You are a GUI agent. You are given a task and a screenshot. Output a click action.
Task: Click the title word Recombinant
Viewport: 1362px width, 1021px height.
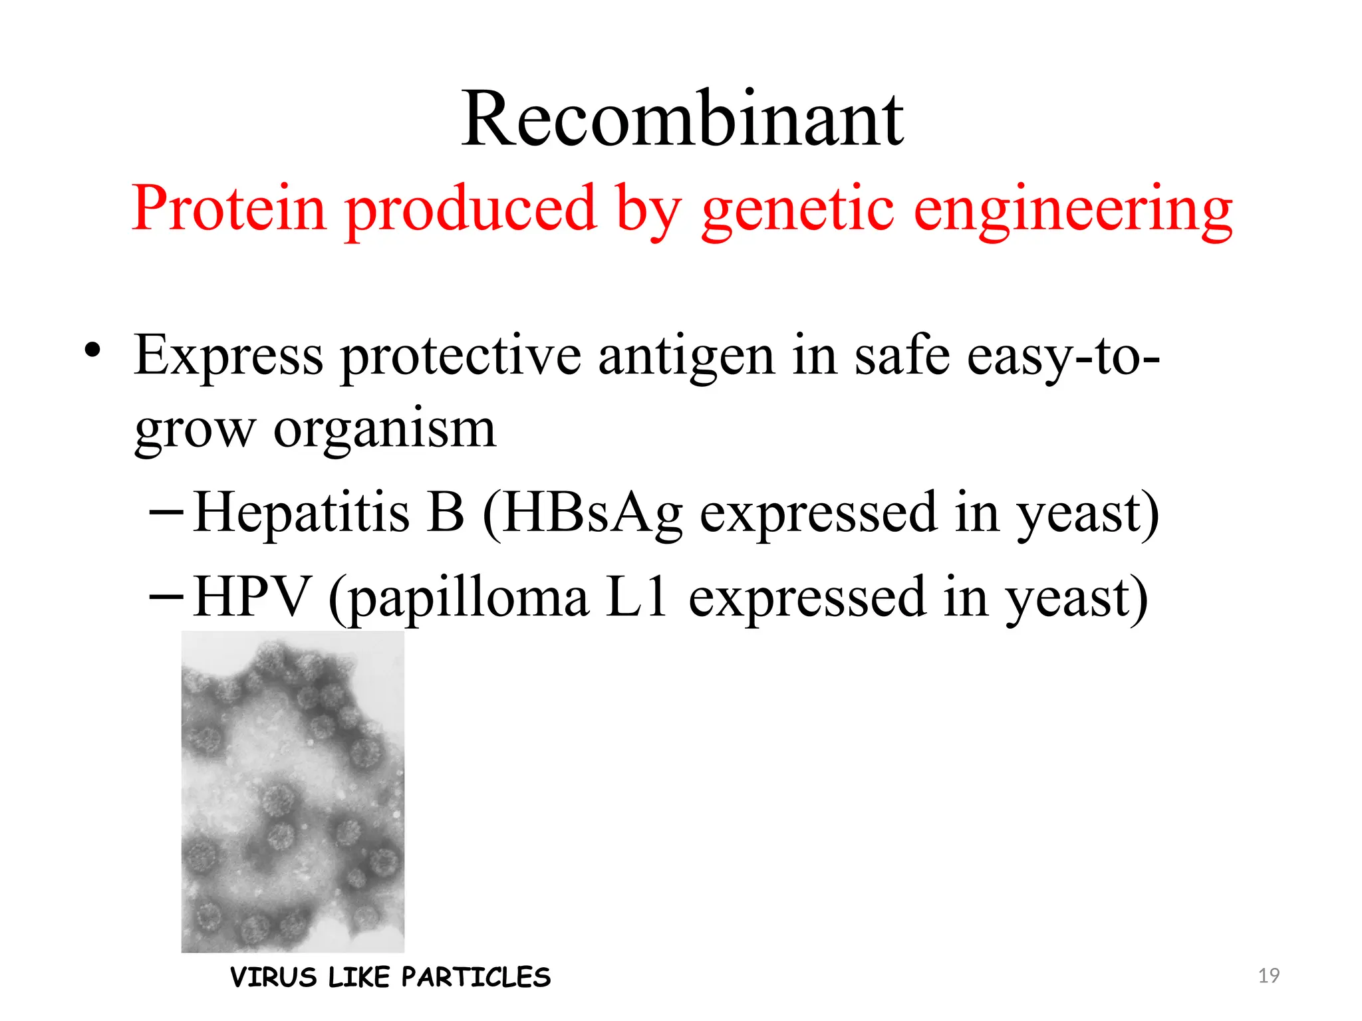682,120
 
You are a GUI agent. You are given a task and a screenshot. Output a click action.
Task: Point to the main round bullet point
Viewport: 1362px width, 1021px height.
92,350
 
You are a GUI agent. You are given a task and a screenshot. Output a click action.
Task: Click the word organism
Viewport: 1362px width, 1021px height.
384,430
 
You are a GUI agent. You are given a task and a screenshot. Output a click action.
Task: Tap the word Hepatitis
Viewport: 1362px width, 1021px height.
301,512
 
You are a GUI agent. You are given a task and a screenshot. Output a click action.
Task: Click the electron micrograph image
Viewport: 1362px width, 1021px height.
293,791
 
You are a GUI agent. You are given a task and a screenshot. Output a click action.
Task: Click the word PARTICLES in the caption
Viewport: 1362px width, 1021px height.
476,977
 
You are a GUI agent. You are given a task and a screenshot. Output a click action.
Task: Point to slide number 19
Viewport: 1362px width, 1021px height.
1269,976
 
